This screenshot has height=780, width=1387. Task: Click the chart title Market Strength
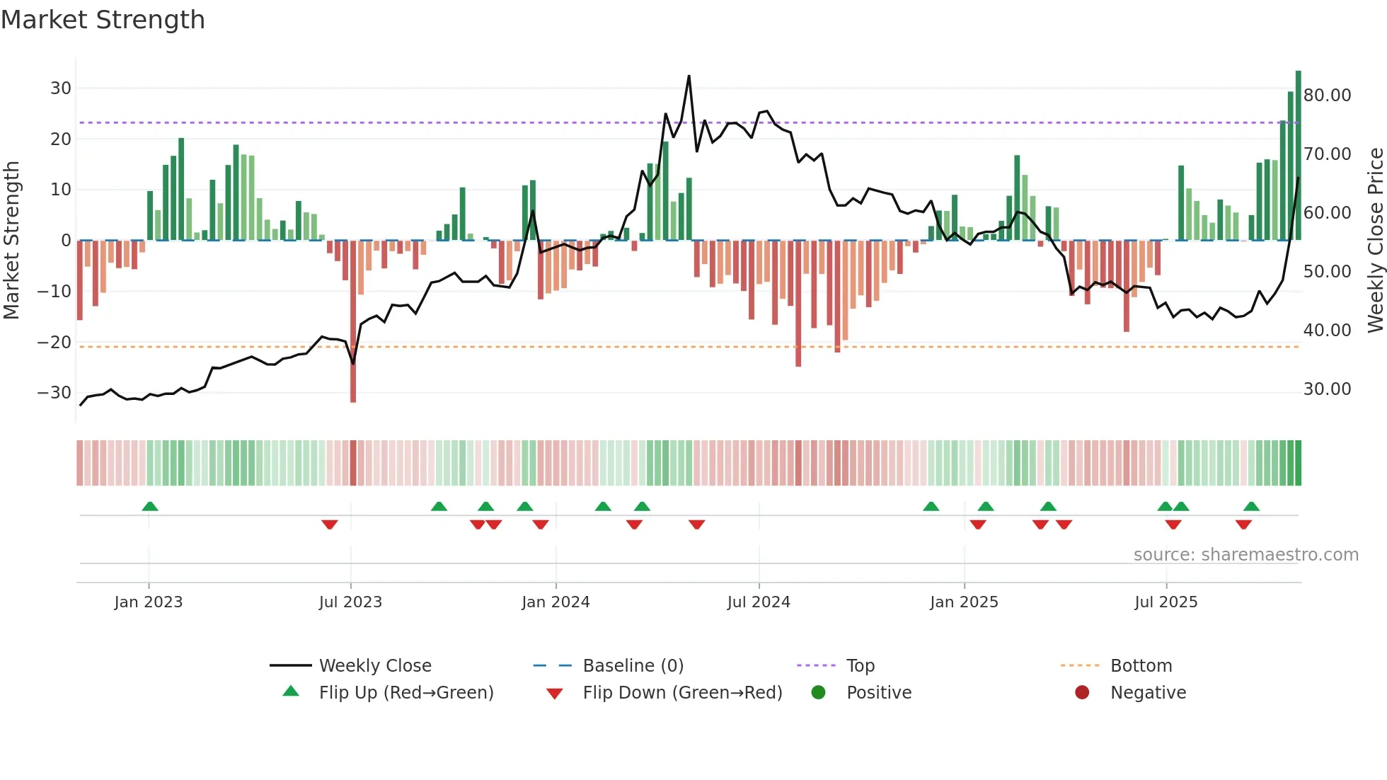click(x=103, y=20)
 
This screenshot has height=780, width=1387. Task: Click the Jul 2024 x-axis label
click(x=758, y=602)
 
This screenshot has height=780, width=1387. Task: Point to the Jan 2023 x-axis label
click(x=148, y=602)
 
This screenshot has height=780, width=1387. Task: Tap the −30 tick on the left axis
click(x=54, y=393)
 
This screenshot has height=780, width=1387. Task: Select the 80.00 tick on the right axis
click(x=1327, y=96)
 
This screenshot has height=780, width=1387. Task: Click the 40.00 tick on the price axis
click(x=1327, y=331)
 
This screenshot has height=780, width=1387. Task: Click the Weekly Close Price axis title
click(x=1374, y=241)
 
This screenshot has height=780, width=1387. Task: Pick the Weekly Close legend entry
click(x=374, y=666)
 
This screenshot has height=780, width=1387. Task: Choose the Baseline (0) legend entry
click(x=633, y=666)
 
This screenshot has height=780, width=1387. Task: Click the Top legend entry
click(x=860, y=666)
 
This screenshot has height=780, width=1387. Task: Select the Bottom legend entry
click(x=1141, y=666)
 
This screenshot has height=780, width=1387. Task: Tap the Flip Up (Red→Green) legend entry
click(x=405, y=693)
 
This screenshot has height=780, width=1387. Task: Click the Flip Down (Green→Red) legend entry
click(x=682, y=693)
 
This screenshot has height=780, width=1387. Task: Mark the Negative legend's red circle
click(x=1081, y=693)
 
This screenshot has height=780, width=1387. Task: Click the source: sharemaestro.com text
click(x=1245, y=555)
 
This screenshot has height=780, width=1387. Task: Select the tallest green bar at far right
click(x=1298, y=156)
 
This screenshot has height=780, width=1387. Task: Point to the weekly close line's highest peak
click(x=689, y=76)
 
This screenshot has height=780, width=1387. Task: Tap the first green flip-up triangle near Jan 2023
click(x=149, y=506)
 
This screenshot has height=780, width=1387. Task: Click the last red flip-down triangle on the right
click(x=1243, y=524)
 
